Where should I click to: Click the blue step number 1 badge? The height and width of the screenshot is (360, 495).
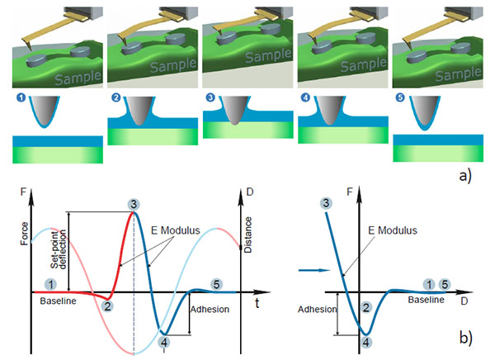[x=21, y=97]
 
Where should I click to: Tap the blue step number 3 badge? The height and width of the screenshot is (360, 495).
[x=210, y=97]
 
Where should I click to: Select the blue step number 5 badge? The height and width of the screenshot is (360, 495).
[x=400, y=97]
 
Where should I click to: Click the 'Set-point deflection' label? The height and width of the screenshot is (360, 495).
[x=59, y=249]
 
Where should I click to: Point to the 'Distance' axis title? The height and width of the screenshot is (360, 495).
[x=248, y=234]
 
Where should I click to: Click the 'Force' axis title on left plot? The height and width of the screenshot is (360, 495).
[x=24, y=234]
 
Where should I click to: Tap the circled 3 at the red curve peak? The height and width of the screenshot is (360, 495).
[x=134, y=205]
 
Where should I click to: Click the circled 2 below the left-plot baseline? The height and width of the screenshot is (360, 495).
[x=107, y=306]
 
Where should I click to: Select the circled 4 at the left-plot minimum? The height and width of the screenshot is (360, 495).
[x=164, y=342]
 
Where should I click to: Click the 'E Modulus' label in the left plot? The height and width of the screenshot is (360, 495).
[x=175, y=230]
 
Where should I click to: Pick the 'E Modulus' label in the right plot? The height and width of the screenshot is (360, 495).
[x=393, y=230]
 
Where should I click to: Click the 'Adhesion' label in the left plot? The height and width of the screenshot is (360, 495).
[x=210, y=309]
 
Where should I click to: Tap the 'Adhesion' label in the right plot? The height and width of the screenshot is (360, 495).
[x=318, y=309]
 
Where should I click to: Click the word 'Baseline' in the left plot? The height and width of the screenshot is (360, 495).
[x=58, y=301]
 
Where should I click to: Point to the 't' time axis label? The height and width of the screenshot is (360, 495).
[x=257, y=303]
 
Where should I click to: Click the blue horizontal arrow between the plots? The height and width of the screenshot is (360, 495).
[x=314, y=270]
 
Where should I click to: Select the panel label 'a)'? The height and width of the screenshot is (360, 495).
[x=465, y=176]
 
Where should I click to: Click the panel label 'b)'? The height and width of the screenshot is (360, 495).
[x=465, y=338]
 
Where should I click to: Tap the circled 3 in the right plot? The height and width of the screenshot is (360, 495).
[x=326, y=203]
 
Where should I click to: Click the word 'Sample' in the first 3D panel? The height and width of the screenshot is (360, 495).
[x=78, y=78]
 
